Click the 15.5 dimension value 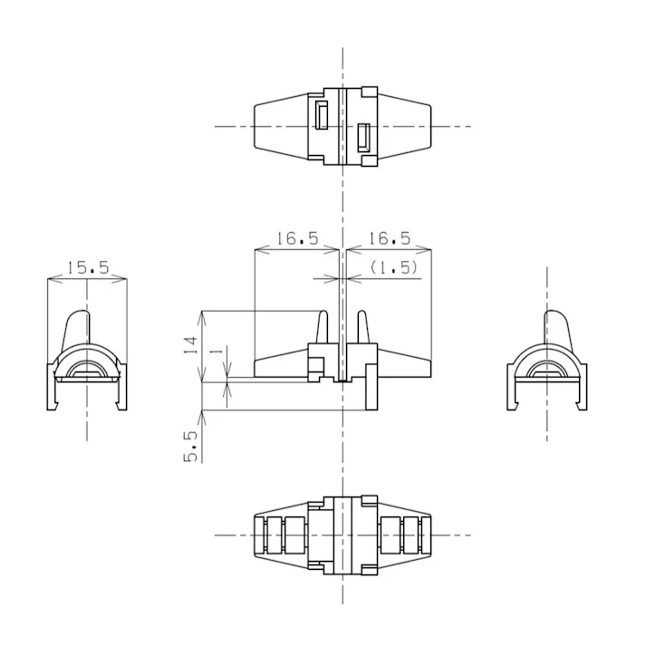coord(88,268)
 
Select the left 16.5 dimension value coord(297,238)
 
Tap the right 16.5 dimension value coord(390,238)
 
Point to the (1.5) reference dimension coord(393,268)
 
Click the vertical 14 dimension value coord(191,345)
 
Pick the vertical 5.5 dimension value coord(191,446)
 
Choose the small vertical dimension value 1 coord(217,351)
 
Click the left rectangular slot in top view coord(322,115)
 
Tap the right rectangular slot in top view coord(364,137)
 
